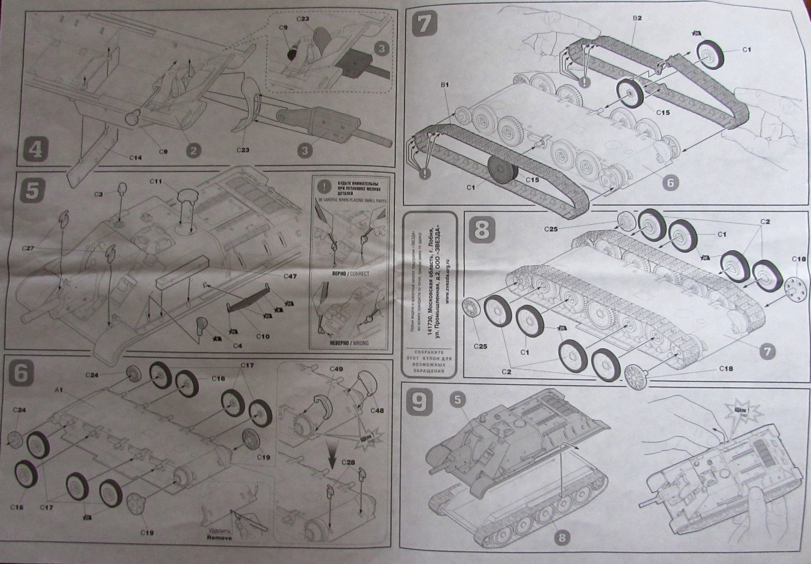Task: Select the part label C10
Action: (x=263, y=336)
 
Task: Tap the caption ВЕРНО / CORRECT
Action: (x=349, y=274)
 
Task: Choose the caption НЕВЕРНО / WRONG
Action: (x=349, y=343)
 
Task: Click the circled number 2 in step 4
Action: (x=193, y=150)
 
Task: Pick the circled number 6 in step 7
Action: (x=670, y=183)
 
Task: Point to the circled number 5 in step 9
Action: (x=457, y=400)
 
